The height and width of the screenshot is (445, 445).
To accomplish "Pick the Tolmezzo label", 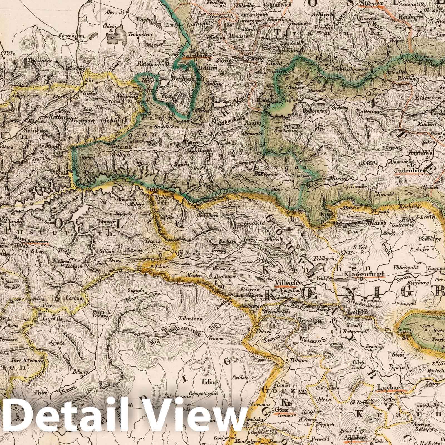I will click(x=190, y=319).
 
